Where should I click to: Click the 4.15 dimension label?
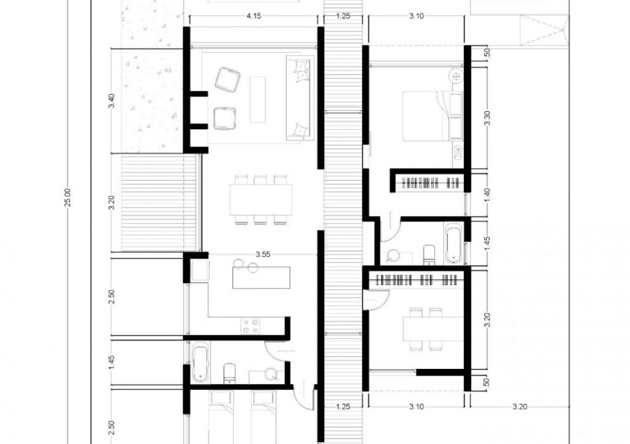point(253,16)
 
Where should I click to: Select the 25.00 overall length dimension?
point(68,197)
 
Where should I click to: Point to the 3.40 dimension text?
point(112,100)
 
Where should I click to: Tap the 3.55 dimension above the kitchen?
point(263,254)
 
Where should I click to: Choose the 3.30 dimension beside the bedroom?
point(487,117)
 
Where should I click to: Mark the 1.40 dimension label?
point(487,195)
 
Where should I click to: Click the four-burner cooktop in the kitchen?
point(250,325)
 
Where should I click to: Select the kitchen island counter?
point(261,277)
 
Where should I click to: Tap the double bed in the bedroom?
point(433,116)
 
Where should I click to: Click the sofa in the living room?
point(299,98)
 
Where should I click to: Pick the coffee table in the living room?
point(258,100)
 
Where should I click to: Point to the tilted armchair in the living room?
point(227,79)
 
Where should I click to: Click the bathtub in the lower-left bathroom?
point(201,363)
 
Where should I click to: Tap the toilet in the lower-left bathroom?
point(229,373)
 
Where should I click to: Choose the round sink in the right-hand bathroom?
point(392,256)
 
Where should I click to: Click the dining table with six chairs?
point(261,199)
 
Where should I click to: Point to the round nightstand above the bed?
point(457,75)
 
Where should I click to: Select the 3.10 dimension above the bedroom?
point(417,16)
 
